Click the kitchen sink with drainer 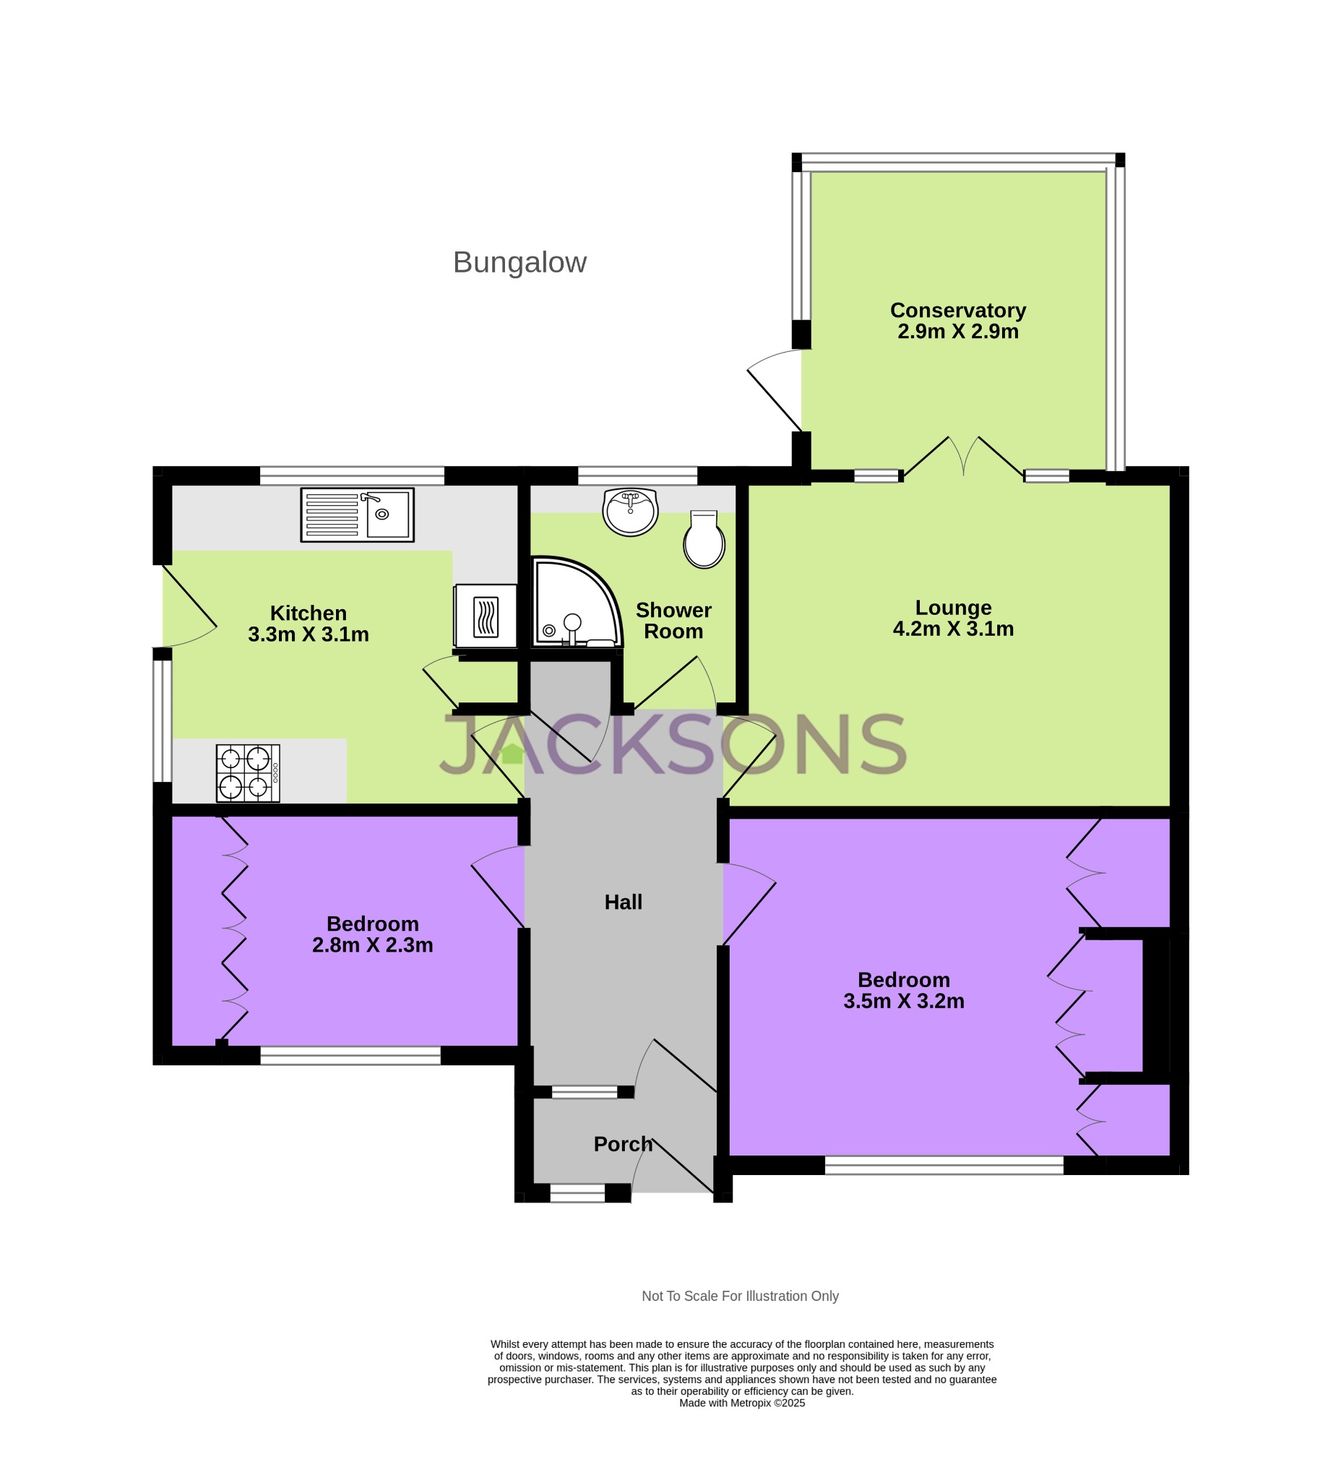coord(357,515)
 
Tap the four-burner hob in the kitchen coord(248,773)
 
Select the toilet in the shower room coord(704,541)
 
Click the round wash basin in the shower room coord(630,512)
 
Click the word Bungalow coord(519,263)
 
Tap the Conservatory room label coord(958,311)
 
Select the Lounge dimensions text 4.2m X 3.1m coord(953,629)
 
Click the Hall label coord(623,903)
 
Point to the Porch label coord(623,1144)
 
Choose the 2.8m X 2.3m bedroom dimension coord(372,945)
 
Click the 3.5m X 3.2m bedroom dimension coord(904,1002)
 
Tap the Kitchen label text coord(309,613)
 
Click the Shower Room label coord(673,621)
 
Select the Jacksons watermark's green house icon coord(512,753)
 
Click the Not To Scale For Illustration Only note coord(740,1296)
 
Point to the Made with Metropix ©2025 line coord(741,1403)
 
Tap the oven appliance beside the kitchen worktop coord(485,616)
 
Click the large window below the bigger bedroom coord(944,1165)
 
